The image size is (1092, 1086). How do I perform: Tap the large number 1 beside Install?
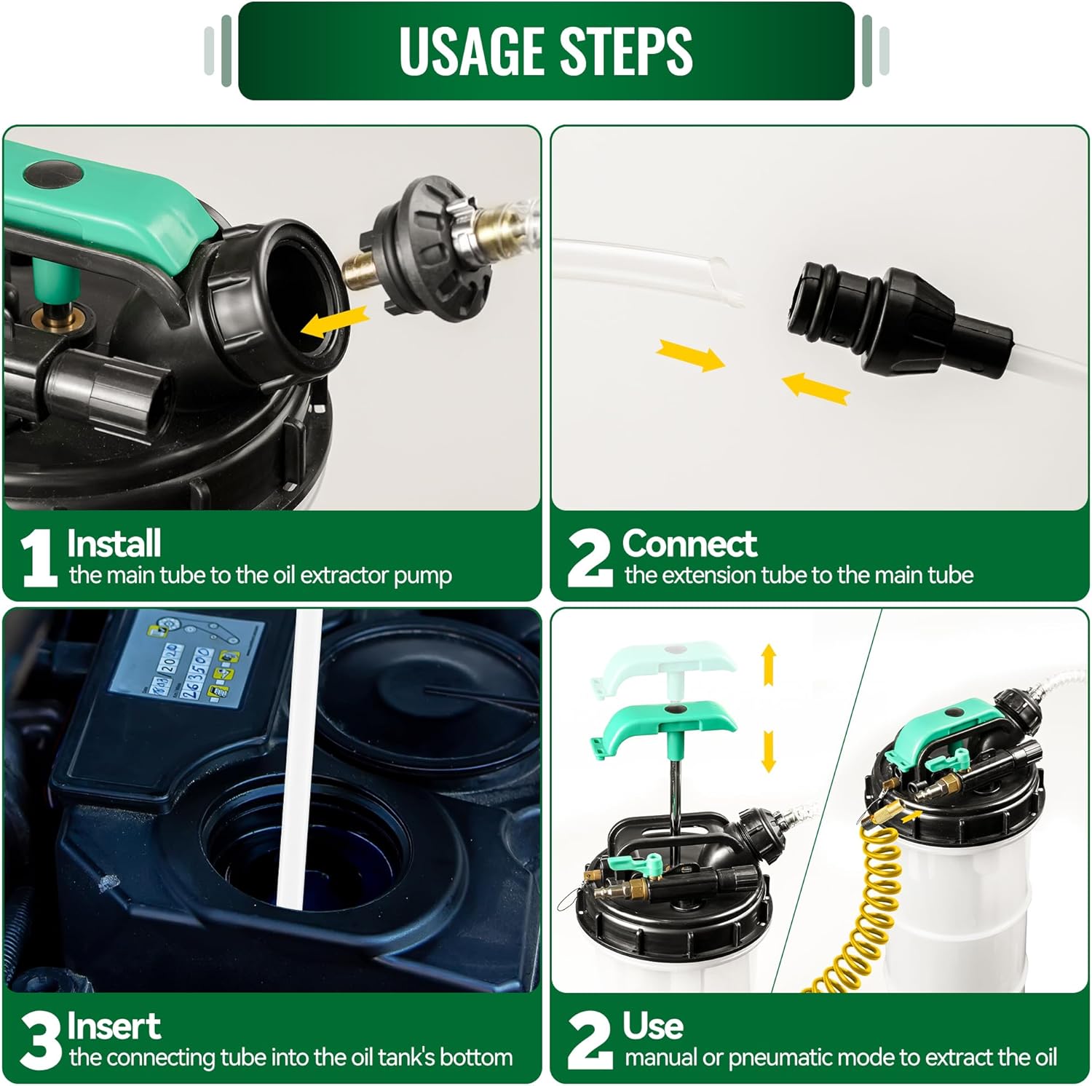pyautogui.click(x=39, y=558)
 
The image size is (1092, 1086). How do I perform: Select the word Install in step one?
pyautogui.click(x=114, y=543)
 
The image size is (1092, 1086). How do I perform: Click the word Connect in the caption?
pyautogui.click(x=689, y=543)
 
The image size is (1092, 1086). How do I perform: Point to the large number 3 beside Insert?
pyautogui.click(x=41, y=1041)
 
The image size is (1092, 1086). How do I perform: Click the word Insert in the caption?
pyautogui.click(x=114, y=1026)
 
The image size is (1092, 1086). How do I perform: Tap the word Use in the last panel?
pyautogui.click(x=653, y=1026)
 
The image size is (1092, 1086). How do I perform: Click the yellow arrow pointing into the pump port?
pyautogui.click(x=334, y=322)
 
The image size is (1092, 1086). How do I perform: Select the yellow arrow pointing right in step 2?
pyautogui.click(x=690, y=356)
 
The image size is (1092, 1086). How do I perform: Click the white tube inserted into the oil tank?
pyautogui.click(x=298, y=757)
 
